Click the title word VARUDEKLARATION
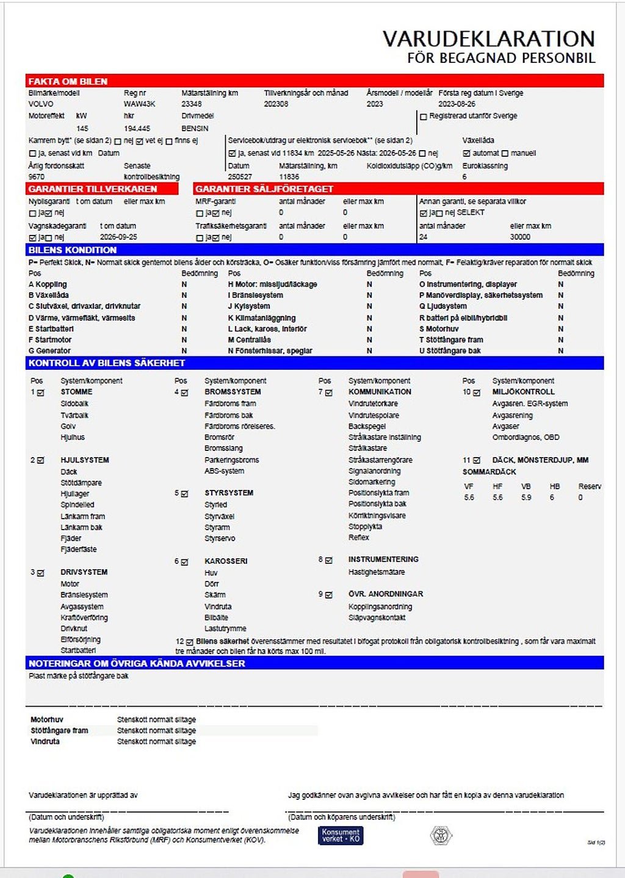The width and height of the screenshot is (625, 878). point(488,39)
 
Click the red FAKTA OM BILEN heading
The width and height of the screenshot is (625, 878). point(68,81)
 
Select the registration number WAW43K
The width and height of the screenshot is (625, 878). point(139,104)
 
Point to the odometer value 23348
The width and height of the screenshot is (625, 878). point(191,104)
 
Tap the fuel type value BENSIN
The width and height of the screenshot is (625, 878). point(195,129)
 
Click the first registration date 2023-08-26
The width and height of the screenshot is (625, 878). point(457,104)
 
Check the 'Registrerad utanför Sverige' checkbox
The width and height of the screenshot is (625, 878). point(424,117)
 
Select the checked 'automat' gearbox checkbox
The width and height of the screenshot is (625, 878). point(467,154)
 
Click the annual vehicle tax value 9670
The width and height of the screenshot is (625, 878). point(37,177)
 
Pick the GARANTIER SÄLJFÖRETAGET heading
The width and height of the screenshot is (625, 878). point(264,189)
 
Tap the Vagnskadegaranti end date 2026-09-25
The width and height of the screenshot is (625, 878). point(118,237)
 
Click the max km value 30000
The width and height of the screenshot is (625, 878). point(520,237)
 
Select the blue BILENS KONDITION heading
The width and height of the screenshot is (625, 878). point(72,250)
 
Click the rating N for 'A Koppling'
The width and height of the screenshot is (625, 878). point(184,284)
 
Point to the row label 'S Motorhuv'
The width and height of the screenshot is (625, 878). point(439,329)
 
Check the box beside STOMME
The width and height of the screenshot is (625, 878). point(41,393)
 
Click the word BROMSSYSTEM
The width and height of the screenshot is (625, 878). point(233,392)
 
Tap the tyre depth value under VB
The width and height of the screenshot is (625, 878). point(526,498)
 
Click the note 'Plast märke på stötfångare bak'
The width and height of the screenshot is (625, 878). point(78,676)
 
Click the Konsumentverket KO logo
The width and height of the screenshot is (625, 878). point(341,835)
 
